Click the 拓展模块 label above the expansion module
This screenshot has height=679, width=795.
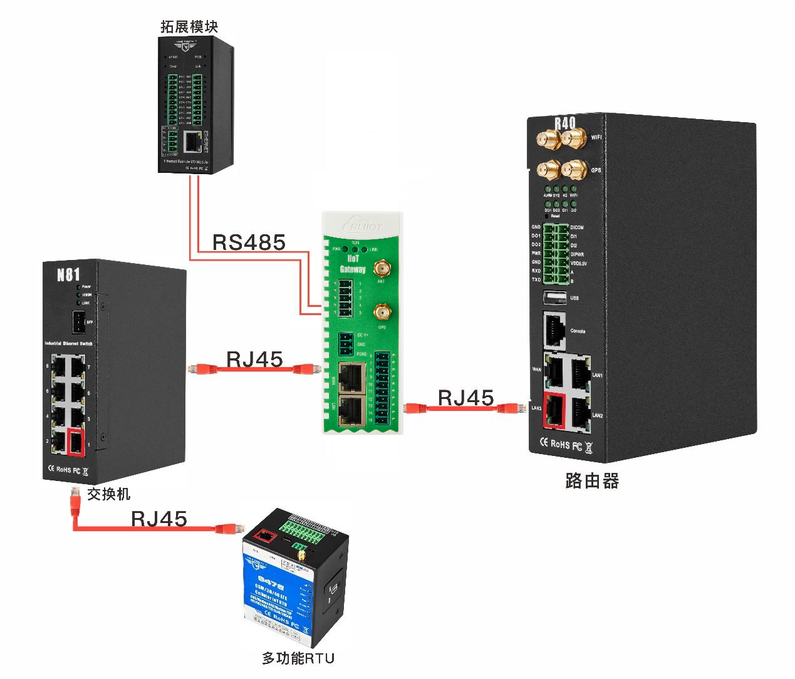pyautogui.click(x=189, y=26)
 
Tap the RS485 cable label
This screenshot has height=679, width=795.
pyautogui.click(x=249, y=242)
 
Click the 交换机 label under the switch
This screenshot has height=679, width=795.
pyautogui.click(x=108, y=494)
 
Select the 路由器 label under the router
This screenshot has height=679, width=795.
pyautogui.click(x=591, y=481)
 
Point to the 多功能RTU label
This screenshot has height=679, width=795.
pyautogui.click(x=298, y=658)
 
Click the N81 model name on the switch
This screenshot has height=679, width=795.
pyautogui.click(x=68, y=274)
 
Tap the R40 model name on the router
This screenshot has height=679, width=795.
pyautogui.click(x=564, y=122)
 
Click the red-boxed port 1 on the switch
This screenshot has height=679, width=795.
pyautogui.click(x=75, y=443)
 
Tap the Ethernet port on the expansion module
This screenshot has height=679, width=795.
pyautogui.click(x=194, y=143)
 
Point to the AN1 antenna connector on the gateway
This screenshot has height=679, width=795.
pyautogui.click(x=380, y=269)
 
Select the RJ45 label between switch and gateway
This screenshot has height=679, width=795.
pyautogui.click(x=254, y=360)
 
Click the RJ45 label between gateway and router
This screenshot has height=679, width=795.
pyautogui.click(x=465, y=398)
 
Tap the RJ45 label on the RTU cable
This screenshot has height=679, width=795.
pyautogui.click(x=159, y=519)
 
